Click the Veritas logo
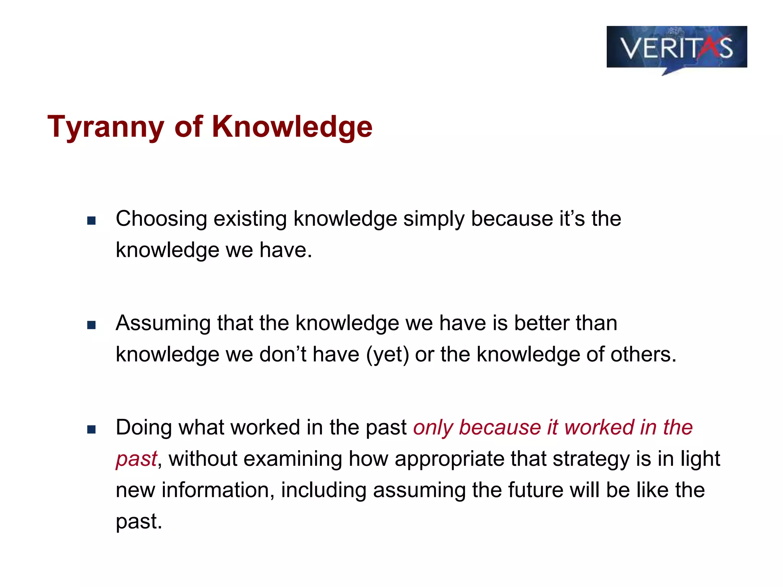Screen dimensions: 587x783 coord(676,48)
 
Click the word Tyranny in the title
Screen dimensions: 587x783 coord(106,127)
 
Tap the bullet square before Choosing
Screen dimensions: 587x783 coord(91,221)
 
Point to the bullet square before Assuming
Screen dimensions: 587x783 coord(91,325)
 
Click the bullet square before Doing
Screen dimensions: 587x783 coord(91,429)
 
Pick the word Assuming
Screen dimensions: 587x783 coord(163,324)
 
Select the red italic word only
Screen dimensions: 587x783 coord(432,428)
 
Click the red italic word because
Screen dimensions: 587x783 coord(499,428)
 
